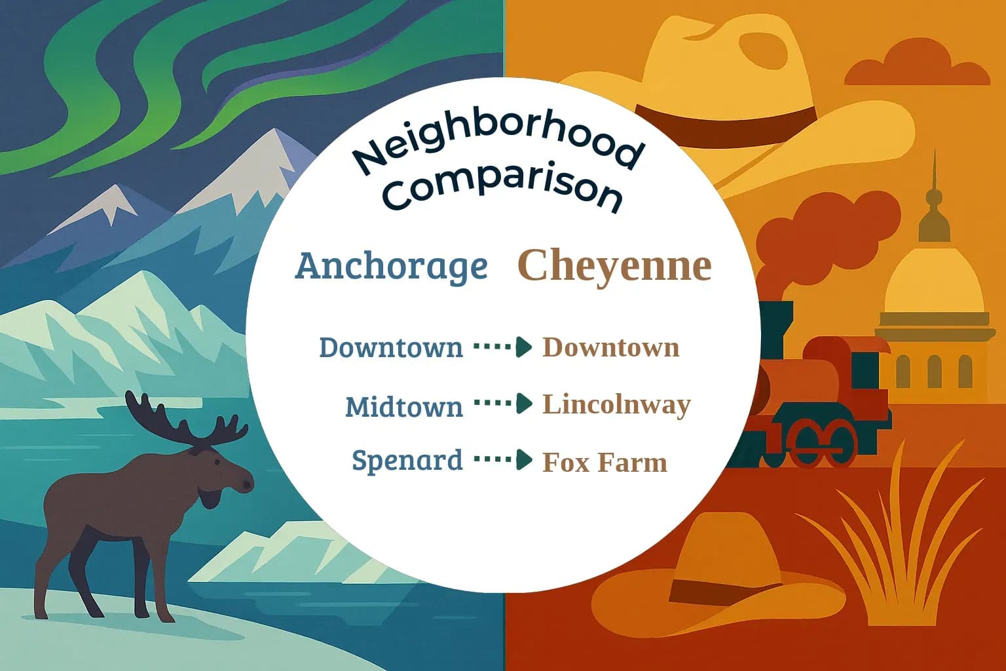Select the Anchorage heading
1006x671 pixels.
391,266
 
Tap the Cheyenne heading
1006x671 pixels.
614,265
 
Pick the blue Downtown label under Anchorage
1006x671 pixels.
390,347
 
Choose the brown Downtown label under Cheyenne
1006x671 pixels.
610,347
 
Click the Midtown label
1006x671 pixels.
403,407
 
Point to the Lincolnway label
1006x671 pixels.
616,405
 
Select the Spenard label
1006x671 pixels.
407,460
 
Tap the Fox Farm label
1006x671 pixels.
605,463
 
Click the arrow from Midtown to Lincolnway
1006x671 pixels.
503,404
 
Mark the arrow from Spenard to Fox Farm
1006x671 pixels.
503,460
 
